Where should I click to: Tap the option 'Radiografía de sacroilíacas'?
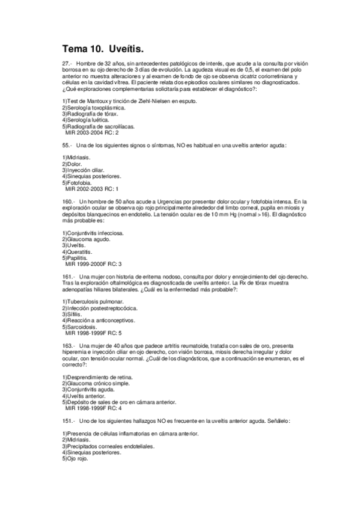[100, 126]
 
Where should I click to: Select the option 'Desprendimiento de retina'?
[97, 376]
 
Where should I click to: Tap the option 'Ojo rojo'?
[78, 458]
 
